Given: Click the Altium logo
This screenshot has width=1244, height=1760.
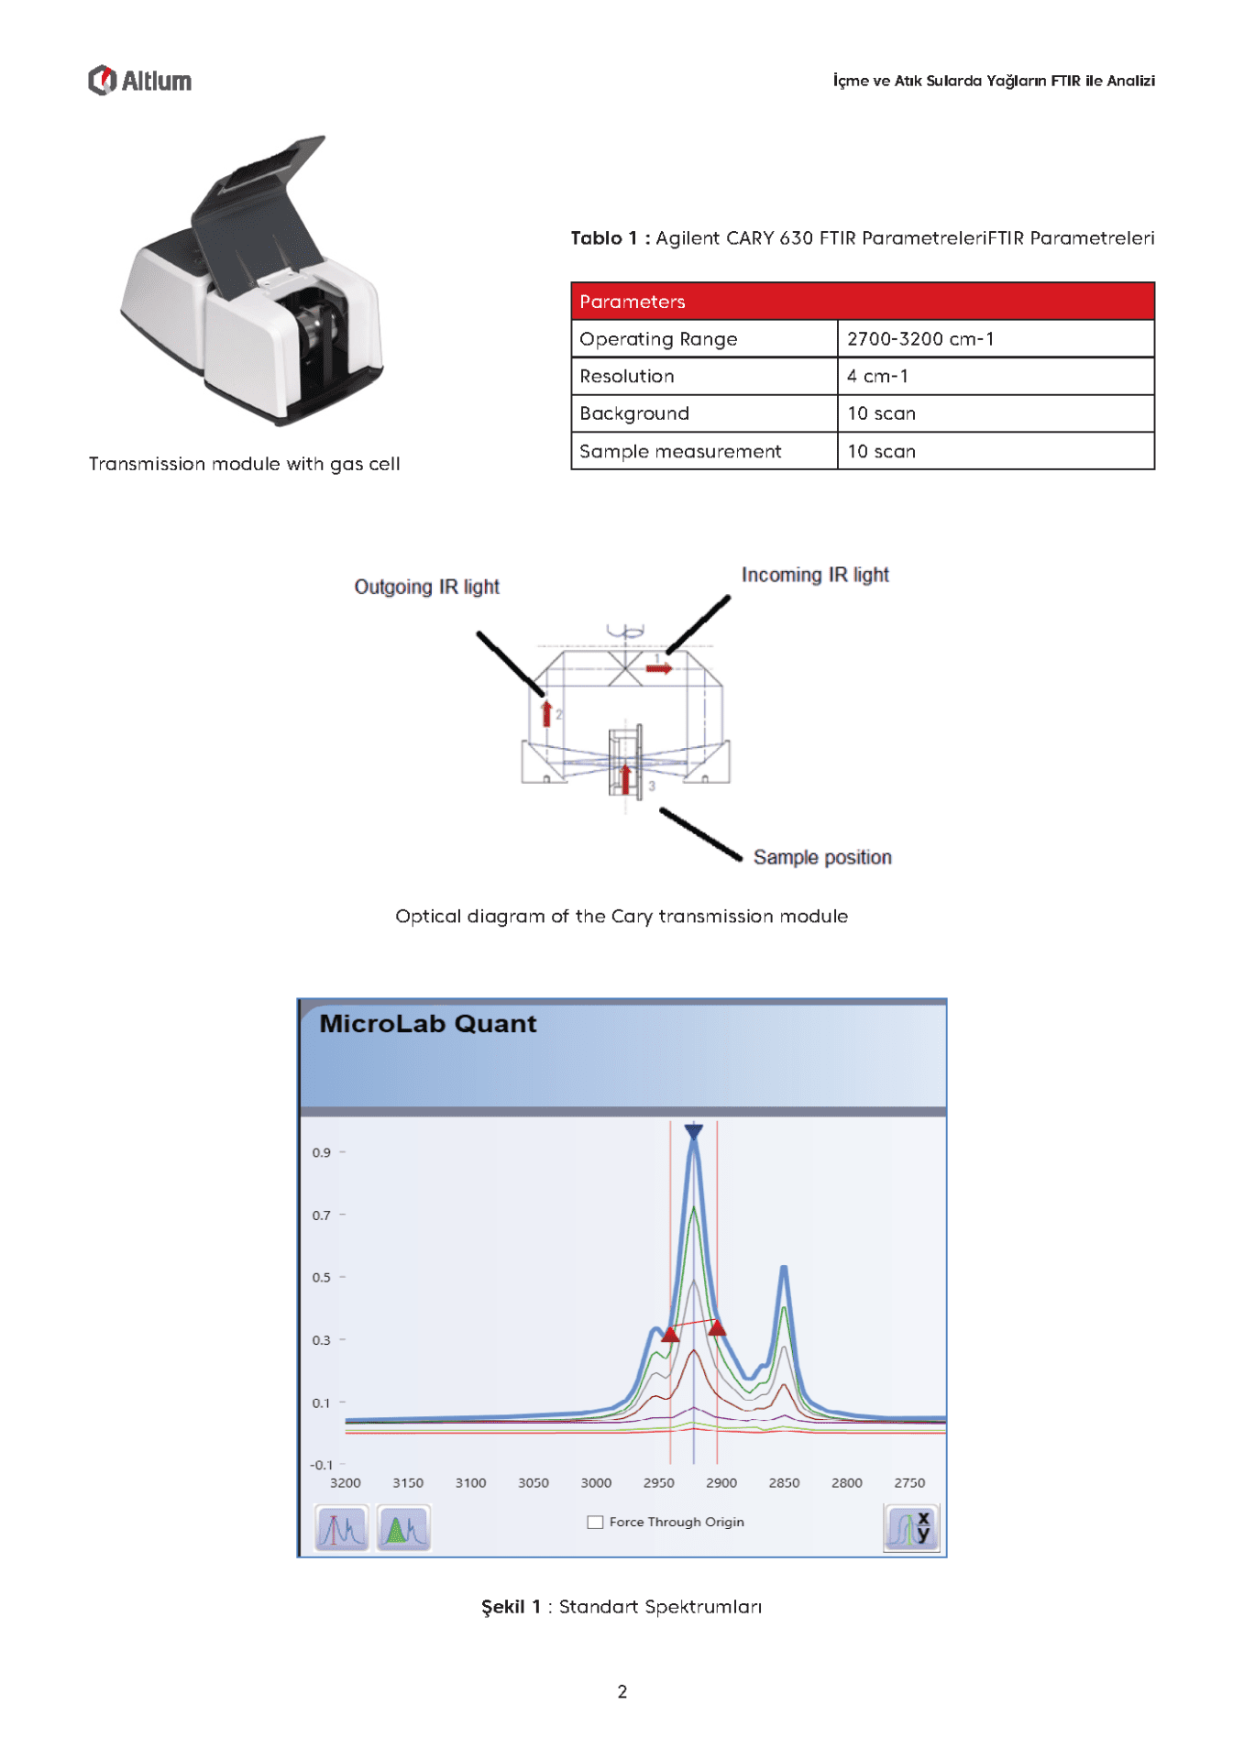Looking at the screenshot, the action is coord(139,81).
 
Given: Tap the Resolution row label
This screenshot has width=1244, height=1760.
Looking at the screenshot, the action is coord(627,377).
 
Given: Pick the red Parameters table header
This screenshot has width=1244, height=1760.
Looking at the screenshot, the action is coord(863,302).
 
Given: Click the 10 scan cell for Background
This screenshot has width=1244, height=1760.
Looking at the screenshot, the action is coord(996,413).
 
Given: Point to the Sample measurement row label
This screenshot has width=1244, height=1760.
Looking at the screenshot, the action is coord(680,451).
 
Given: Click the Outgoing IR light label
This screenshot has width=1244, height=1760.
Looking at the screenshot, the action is coord(427,587).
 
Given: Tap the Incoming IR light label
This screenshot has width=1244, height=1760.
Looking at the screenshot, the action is coord(815,575).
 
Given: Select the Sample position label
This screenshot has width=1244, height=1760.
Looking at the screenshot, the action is coord(822,857).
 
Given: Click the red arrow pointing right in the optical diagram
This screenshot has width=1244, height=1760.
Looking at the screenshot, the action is coord(659,668).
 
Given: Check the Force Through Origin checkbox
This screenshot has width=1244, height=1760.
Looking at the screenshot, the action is coord(595,1522).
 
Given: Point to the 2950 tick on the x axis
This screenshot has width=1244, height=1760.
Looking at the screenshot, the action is coord(658,1482).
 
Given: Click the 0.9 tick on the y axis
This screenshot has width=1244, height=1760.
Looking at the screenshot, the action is coord(321,1152).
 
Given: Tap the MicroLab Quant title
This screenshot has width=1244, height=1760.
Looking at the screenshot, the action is coord(427,1024).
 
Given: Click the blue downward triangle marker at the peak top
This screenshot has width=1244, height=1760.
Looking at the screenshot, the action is coord(694,1132).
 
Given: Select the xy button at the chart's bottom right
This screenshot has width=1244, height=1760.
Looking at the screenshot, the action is coord(911,1527).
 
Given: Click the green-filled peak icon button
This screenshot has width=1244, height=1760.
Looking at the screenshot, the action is coord(403,1528).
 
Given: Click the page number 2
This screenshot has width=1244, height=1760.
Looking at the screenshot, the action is coord(622,1691).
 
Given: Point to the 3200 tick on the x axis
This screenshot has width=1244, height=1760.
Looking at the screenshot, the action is coord(345,1482).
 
